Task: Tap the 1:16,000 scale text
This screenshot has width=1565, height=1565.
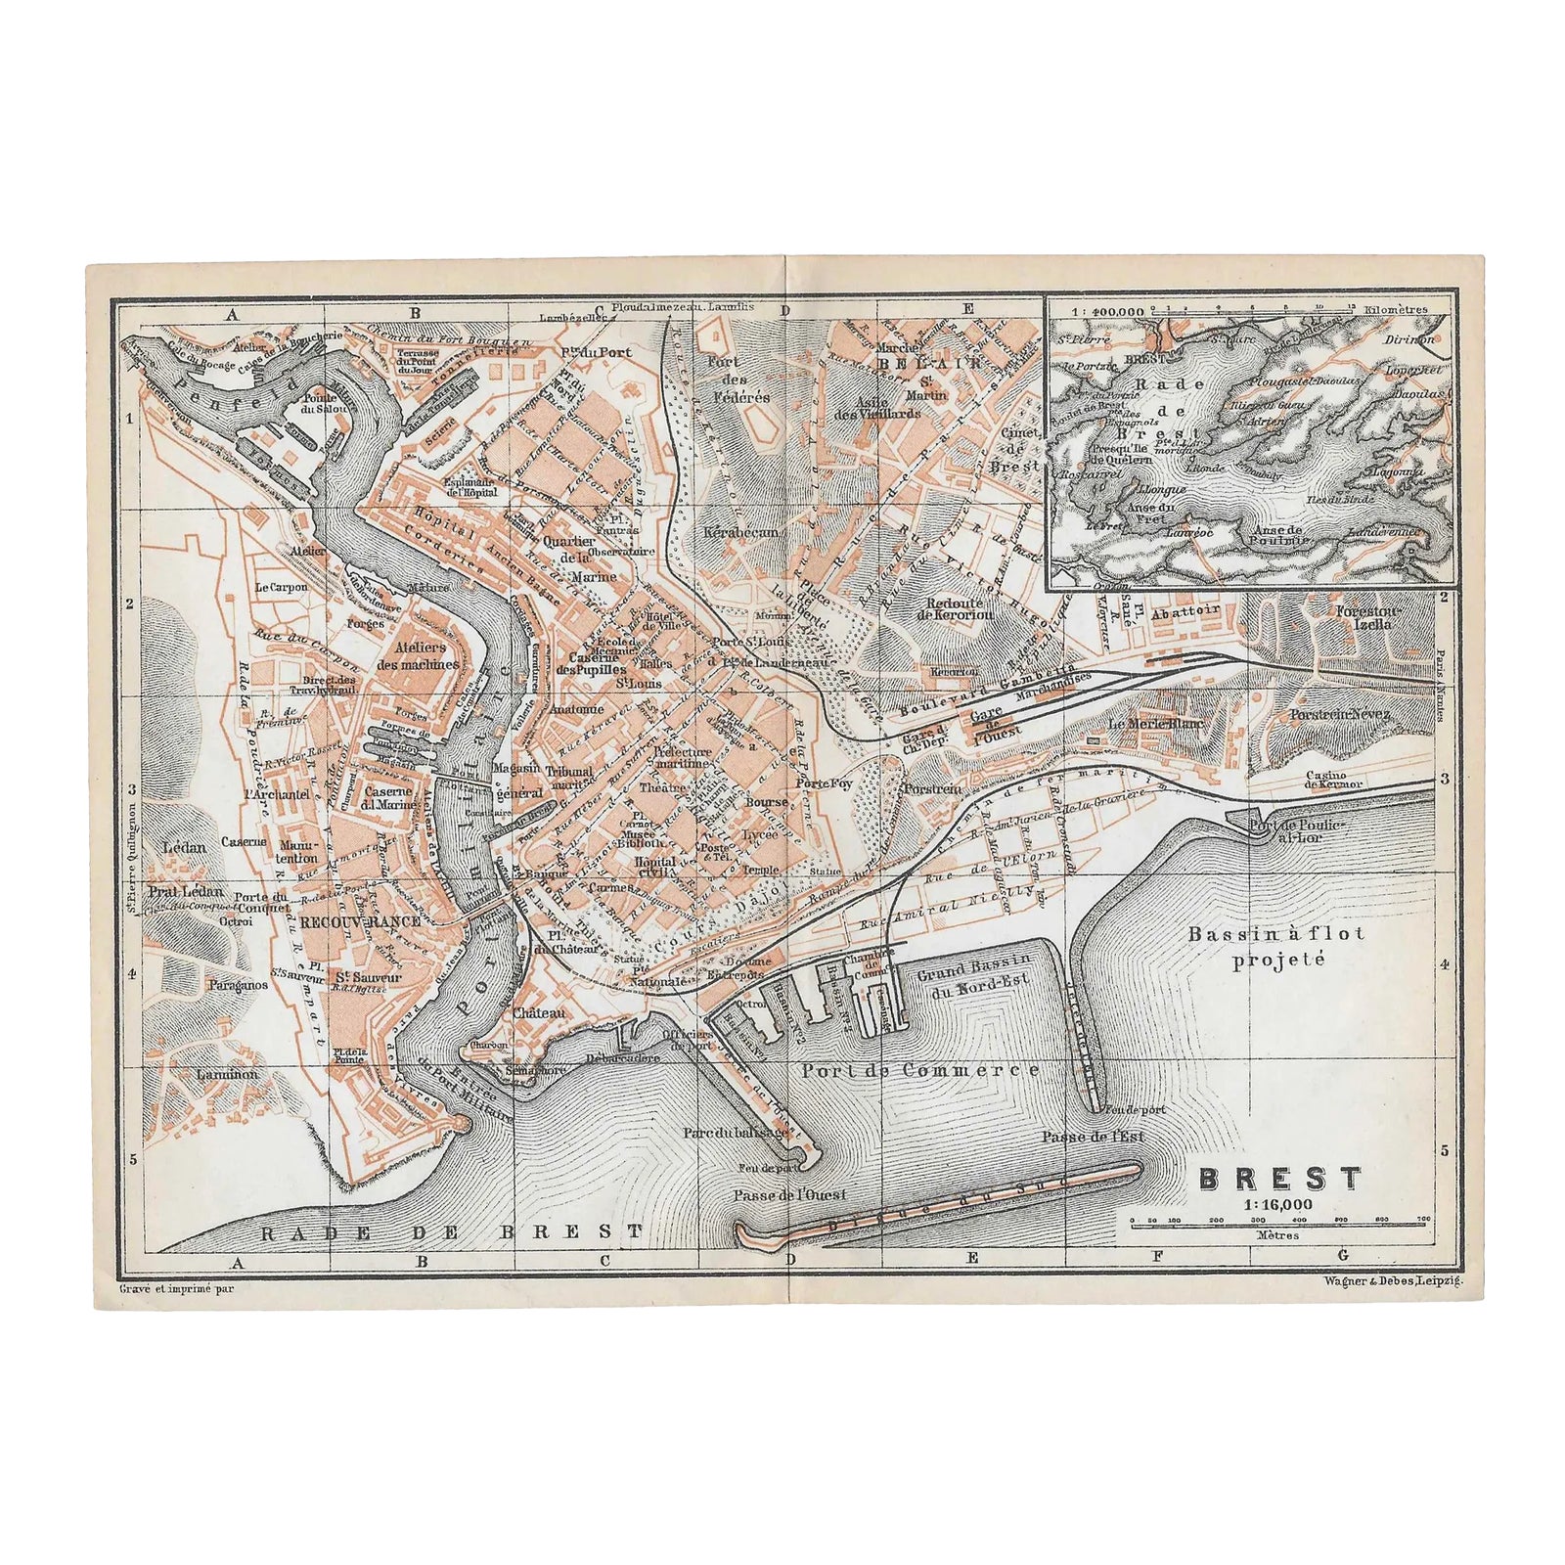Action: click(x=1279, y=1204)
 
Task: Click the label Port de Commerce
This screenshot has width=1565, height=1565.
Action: click(x=919, y=1070)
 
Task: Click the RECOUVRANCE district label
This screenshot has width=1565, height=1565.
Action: click(x=360, y=921)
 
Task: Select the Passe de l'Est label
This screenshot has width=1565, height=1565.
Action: click(x=1093, y=1137)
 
